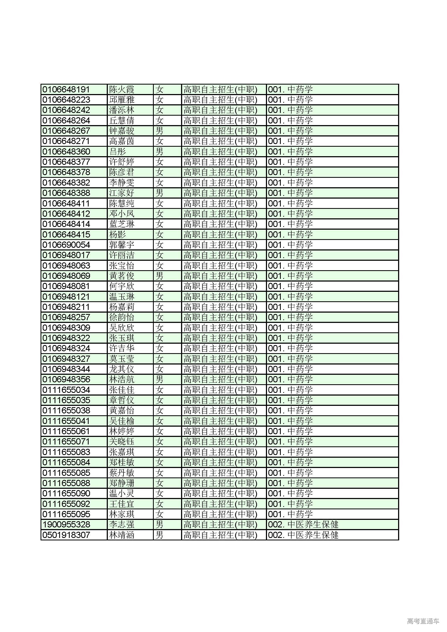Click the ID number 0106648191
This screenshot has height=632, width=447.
coord(66,89)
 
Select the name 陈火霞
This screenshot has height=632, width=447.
coord(121,89)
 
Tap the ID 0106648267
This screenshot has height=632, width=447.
coord(66,131)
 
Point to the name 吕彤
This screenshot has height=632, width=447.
coord(118,152)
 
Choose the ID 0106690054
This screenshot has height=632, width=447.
coord(66,245)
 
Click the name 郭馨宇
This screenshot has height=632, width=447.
coord(121,245)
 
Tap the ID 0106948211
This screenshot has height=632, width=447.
coord(66,307)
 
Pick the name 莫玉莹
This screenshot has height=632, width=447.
coord(121,359)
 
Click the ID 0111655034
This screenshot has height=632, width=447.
coord(66,390)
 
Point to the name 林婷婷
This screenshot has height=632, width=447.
coord(121,431)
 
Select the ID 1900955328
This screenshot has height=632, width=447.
coord(66,525)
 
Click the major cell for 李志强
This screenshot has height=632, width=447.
coord(303,525)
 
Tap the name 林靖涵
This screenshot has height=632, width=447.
coord(121,535)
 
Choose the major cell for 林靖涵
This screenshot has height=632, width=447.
coord(303,535)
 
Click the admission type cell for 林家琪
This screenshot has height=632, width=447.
coord(220,514)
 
